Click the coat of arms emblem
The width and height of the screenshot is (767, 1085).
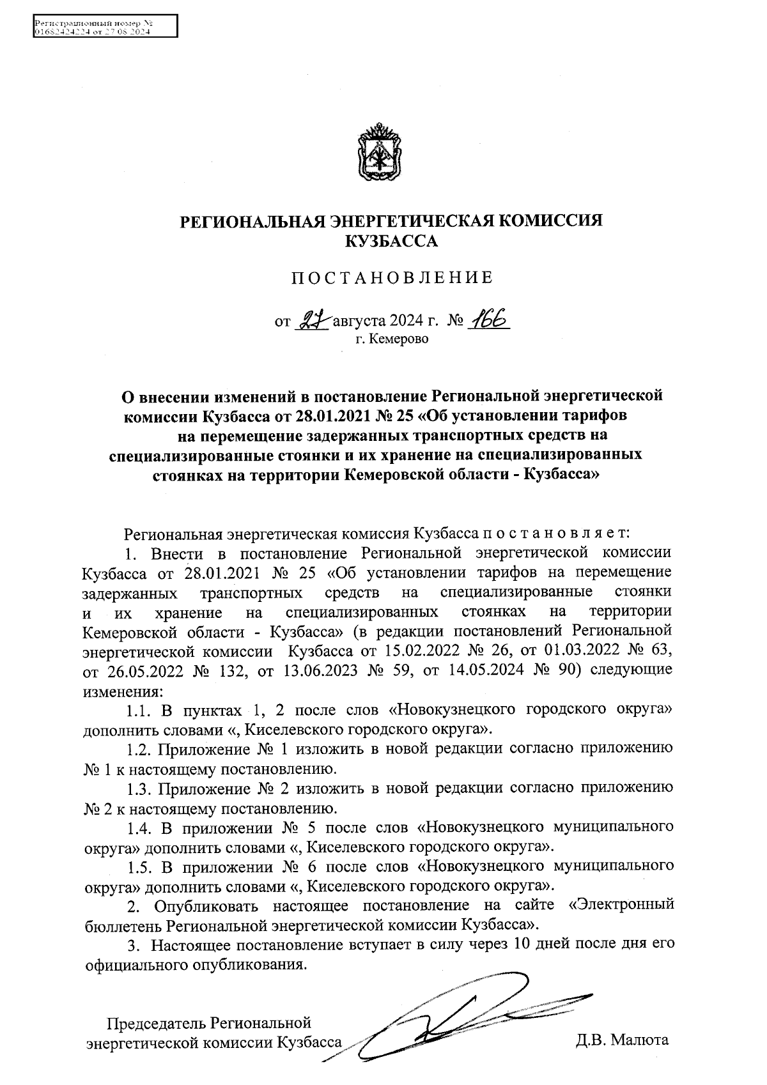tap(379, 153)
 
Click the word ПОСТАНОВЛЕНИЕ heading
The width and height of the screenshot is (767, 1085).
tap(392, 278)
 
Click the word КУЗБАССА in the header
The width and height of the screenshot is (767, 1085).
tap(392, 242)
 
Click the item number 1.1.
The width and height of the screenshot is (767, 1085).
tap(138, 710)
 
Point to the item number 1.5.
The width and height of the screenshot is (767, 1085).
tap(138, 866)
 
